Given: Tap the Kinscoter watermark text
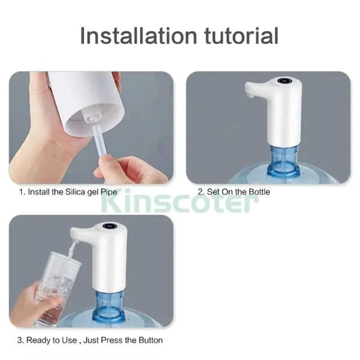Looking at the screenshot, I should (x=181, y=203).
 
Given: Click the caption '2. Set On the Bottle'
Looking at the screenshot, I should (x=234, y=192).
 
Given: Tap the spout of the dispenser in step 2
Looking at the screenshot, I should (x=251, y=91).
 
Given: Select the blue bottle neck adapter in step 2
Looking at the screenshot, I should (x=284, y=160).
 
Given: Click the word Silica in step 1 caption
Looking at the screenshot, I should (x=77, y=192).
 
